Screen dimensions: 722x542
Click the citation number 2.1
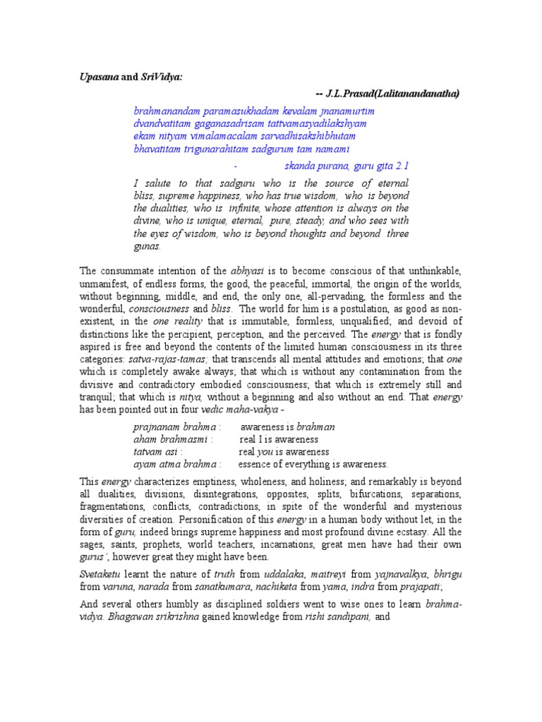(400, 166)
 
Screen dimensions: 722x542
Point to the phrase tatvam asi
(156, 451)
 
